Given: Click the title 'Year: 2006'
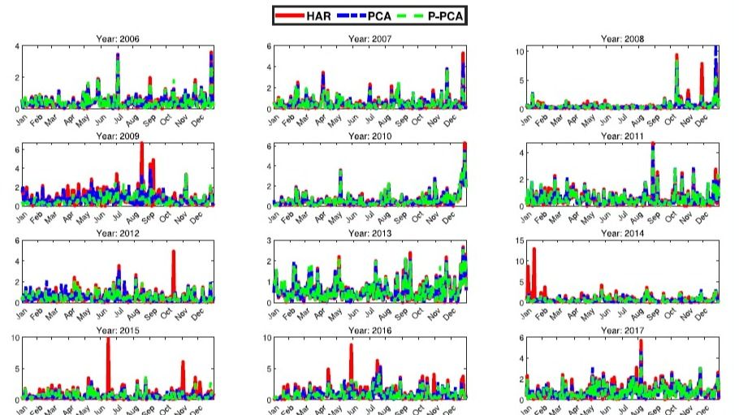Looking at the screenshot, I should point(118,38).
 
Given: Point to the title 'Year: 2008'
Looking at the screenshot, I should point(621,38).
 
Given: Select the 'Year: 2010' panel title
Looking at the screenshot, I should point(369,136).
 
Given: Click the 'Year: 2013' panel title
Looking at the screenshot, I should point(369,234).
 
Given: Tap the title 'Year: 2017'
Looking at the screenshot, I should point(621,331).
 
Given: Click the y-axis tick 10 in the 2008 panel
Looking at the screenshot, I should point(521,50).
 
